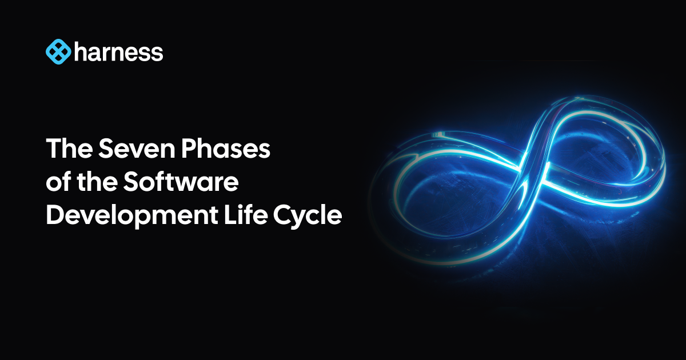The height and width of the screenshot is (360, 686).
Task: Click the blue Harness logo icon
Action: click(58, 52)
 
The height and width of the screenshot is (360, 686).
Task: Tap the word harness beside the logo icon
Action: click(118, 53)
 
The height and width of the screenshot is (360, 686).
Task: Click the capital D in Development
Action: click(56, 217)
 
